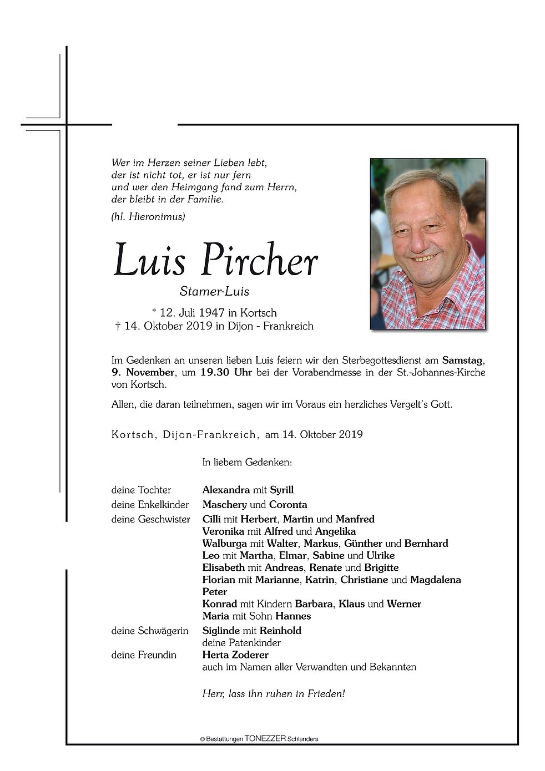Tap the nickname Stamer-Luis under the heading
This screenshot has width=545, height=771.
[x=214, y=291]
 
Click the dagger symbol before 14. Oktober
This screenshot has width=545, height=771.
[x=118, y=326]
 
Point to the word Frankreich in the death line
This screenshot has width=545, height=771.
[x=288, y=326]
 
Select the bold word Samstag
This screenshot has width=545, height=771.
[x=462, y=361]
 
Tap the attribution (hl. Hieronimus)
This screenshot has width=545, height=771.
[x=148, y=217]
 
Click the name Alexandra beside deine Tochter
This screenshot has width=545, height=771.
[x=226, y=490]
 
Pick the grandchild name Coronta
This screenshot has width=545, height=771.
[x=288, y=505]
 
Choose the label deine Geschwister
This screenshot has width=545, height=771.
[x=150, y=519]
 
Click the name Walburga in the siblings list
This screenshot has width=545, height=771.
[x=224, y=544]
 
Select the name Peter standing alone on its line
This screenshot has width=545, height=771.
[x=215, y=592]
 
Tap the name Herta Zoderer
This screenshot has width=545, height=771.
[x=235, y=655]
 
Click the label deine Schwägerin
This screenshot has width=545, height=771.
[x=150, y=631]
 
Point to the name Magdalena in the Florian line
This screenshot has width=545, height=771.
[x=436, y=580]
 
